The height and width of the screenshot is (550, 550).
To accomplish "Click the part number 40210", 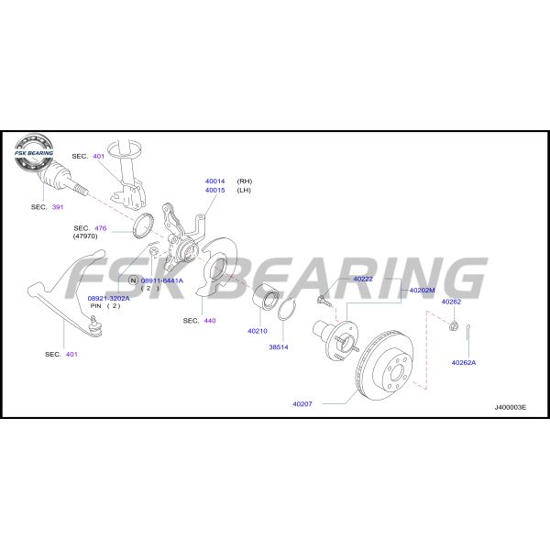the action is [x=258, y=331].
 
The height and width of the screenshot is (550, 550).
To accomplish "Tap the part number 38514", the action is [x=279, y=347].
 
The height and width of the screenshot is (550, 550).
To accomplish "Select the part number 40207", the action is [x=302, y=403].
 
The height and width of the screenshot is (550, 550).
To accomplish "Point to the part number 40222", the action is [x=363, y=279].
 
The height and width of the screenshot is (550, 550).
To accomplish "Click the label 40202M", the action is [x=422, y=290].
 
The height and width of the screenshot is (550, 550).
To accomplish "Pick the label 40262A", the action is [x=464, y=362].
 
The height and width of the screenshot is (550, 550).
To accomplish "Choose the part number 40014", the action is [x=215, y=181].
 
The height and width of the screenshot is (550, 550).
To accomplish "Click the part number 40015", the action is [x=215, y=191].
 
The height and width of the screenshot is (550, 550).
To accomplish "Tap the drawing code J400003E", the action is [x=511, y=407].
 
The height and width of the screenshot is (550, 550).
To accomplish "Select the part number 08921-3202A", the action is [x=109, y=298].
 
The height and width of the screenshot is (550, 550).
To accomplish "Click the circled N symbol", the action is [x=133, y=280].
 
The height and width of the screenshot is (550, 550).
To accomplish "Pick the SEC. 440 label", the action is [x=199, y=320].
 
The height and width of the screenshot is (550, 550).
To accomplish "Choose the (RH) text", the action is [x=245, y=181].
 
